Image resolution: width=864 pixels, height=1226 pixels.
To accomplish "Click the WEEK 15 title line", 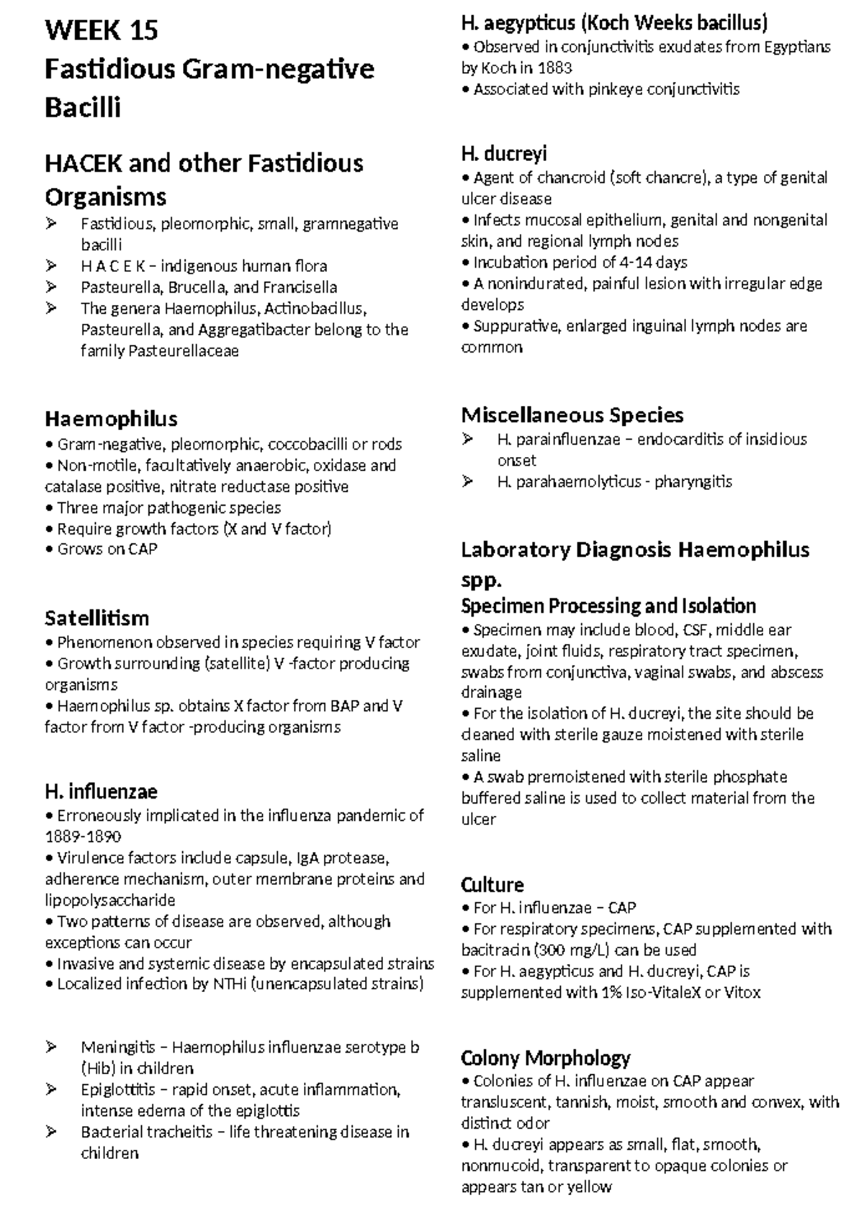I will pyautogui.click(x=101, y=30).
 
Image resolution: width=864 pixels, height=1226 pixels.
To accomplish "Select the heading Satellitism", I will pyautogui.click(x=96, y=618).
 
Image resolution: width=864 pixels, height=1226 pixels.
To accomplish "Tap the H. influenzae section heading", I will pyautogui.click(x=101, y=791).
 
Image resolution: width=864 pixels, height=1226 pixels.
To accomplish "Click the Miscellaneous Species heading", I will pyautogui.click(x=572, y=415).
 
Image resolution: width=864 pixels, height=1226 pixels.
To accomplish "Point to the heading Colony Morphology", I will pyautogui.click(x=545, y=1058).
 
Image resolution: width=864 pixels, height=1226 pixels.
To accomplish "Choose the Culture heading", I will pyautogui.click(x=492, y=884).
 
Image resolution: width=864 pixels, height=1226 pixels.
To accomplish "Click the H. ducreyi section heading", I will pyautogui.click(x=504, y=154).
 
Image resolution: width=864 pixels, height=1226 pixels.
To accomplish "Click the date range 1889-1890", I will pyautogui.click(x=83, y=837).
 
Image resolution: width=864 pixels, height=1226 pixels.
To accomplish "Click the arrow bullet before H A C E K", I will pyautogui.click(x=51, y=266).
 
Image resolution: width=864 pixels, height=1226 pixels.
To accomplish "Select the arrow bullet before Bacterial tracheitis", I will pyautogui.click(x=51, y=1132).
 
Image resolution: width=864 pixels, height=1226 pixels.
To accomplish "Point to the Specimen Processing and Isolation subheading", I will pyautogui.click(x=608, y=606).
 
